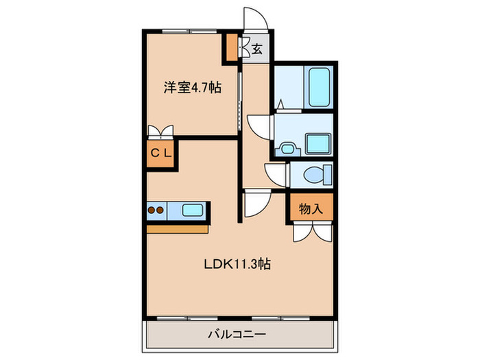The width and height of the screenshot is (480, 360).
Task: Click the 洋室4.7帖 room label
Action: (x=192, y=88)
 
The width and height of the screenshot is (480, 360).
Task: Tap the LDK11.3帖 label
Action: (x=235, y=264)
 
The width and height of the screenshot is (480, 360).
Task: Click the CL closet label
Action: (x=161, y=154)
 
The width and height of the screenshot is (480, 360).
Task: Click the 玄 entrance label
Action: (x=256, y=49)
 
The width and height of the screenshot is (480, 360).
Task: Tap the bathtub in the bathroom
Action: (x=319, y=87)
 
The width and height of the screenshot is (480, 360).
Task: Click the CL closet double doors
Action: (x=161, y=132)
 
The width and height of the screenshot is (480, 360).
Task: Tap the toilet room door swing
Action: (x=276, y=173)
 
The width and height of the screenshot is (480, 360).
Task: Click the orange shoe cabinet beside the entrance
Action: (x=233, y=46)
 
